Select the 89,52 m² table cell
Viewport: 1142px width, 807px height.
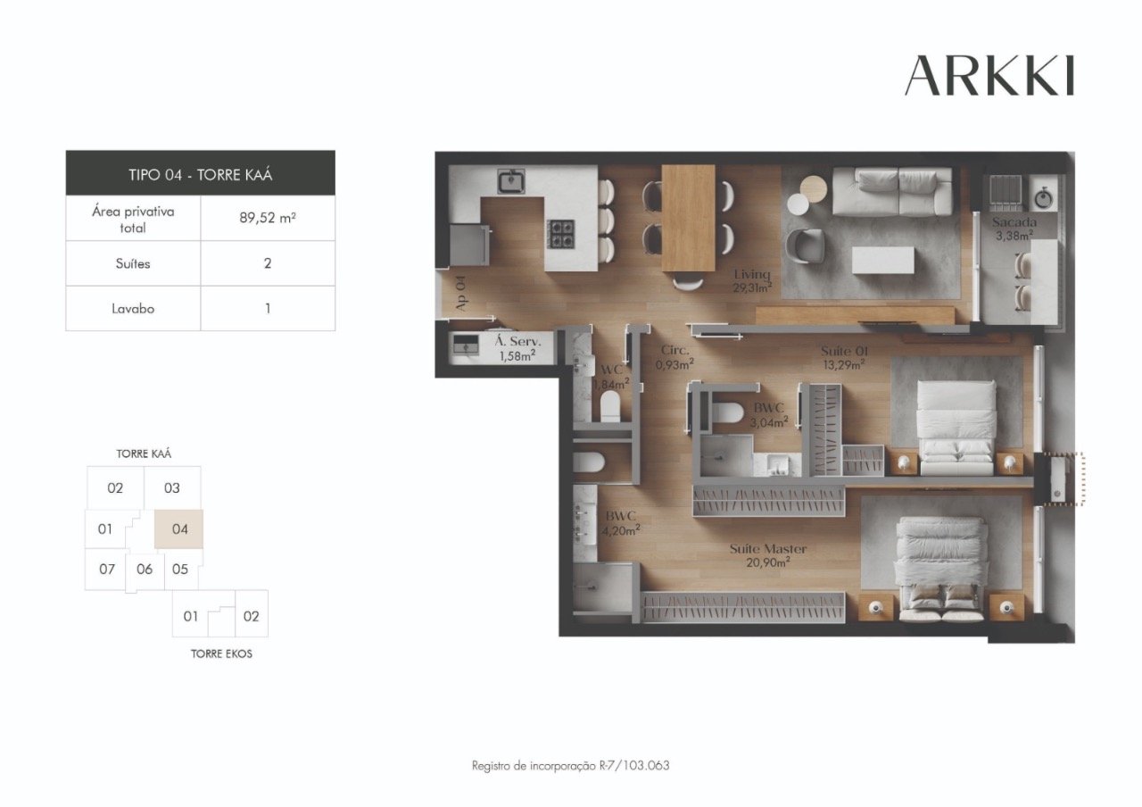tap(268, 219)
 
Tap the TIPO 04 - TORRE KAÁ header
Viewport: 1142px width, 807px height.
tap(200, 173)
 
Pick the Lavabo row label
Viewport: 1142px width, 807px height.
tap(134, 309)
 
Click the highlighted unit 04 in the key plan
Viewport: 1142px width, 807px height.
tap(179, 528)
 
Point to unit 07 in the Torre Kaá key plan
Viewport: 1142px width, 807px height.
tap(106, 569)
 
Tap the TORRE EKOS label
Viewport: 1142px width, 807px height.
tap(221, 653)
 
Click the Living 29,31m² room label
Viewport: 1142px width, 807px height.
tap(751, 280)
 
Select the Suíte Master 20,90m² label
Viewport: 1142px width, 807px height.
tap(767, 555)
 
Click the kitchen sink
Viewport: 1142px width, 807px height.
tap(510, 181)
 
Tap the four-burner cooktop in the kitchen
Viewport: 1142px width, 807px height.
tap(561, 234)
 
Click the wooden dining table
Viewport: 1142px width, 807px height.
tap(688, 217)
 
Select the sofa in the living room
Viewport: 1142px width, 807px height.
tap(892, 191)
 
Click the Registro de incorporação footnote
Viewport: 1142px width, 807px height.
tap(570, 766)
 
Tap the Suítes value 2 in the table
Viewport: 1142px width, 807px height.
tap(268, 263)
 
